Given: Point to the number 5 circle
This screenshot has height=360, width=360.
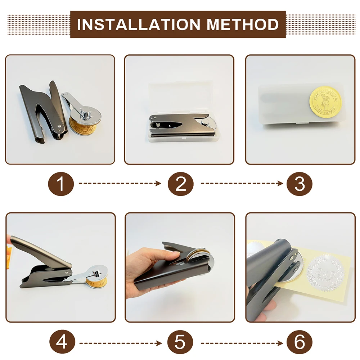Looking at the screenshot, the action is coord(180,341).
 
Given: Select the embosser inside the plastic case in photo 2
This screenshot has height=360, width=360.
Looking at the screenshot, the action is coord(180,124).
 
